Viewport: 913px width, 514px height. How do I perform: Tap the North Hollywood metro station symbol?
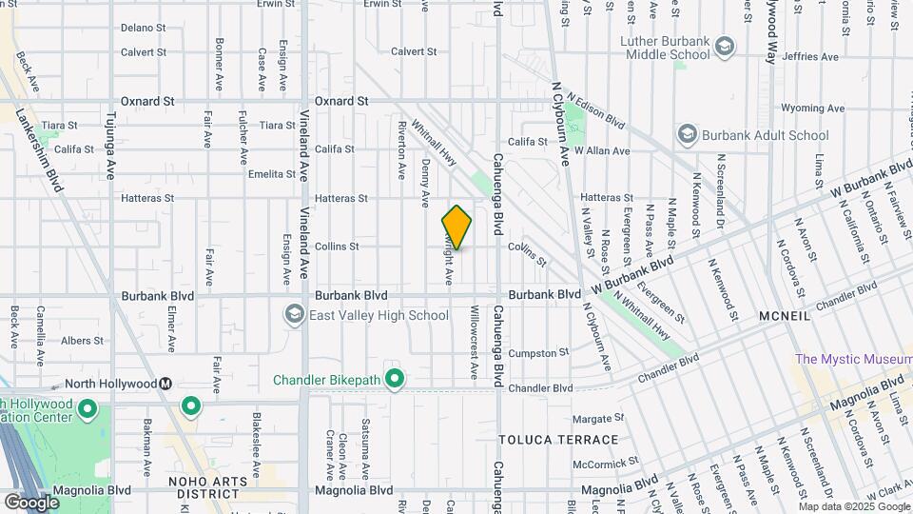point(165,384)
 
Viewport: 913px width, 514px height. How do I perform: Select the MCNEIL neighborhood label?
point(784,315)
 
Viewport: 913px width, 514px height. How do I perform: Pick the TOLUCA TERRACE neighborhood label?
point(558,440)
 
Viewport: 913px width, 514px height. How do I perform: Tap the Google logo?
point(31,502)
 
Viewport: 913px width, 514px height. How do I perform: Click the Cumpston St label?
point(538,353)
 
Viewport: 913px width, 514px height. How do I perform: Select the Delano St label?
point(144,28)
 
